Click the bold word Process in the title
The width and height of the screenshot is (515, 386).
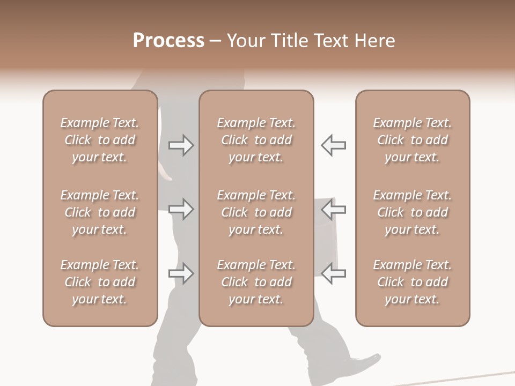(168, 41)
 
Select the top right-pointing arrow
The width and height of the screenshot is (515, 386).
(181, 145)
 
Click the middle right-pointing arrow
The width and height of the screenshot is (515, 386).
(181, 209)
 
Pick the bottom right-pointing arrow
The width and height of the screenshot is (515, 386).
(181, 274)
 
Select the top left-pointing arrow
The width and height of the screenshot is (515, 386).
(333, 145)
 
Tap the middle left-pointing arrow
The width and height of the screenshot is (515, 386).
(333, 209)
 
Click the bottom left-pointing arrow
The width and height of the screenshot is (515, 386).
(333, 274)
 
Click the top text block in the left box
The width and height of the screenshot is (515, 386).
(100, 140)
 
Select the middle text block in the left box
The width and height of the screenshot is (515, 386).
(100, 212)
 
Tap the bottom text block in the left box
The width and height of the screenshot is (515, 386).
(100, 282)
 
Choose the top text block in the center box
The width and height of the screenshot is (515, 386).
(256, 140)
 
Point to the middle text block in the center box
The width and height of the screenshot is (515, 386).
(256, 212)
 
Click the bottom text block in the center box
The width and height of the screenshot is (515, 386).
(256, 282)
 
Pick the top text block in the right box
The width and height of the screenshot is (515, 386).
(413, 140)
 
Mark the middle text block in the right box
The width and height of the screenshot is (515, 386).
(413, 212)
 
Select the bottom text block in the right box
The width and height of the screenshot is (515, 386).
(413, 282)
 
